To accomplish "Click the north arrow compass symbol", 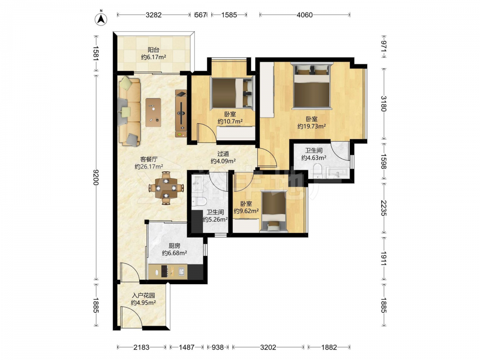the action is (x=101, y=19).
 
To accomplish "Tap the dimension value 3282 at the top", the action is (x=154, y=15).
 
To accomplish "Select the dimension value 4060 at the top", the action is (x=305, y=15).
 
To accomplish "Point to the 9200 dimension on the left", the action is (x=96, y=177).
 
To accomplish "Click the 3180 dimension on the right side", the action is (x=384, y=104).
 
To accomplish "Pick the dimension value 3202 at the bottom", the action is (x=268, y=347).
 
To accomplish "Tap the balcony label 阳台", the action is (x=154, y=49).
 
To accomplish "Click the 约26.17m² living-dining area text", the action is (x=149, y=167).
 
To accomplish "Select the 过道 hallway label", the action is (x=223, y=154).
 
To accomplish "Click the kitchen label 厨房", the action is (x=174, y=245).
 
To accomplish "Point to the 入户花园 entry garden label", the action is (x=143, y=295).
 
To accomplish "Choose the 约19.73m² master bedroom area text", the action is (x=312, y=126).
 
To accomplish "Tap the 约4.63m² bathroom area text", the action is (x=313, y=157).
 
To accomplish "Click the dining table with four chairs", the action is (x=166, y=188).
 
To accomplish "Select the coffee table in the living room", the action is (x=154, y=112).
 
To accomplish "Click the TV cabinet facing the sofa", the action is (x=181, y=113).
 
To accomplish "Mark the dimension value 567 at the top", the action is (x=201, y=15).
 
